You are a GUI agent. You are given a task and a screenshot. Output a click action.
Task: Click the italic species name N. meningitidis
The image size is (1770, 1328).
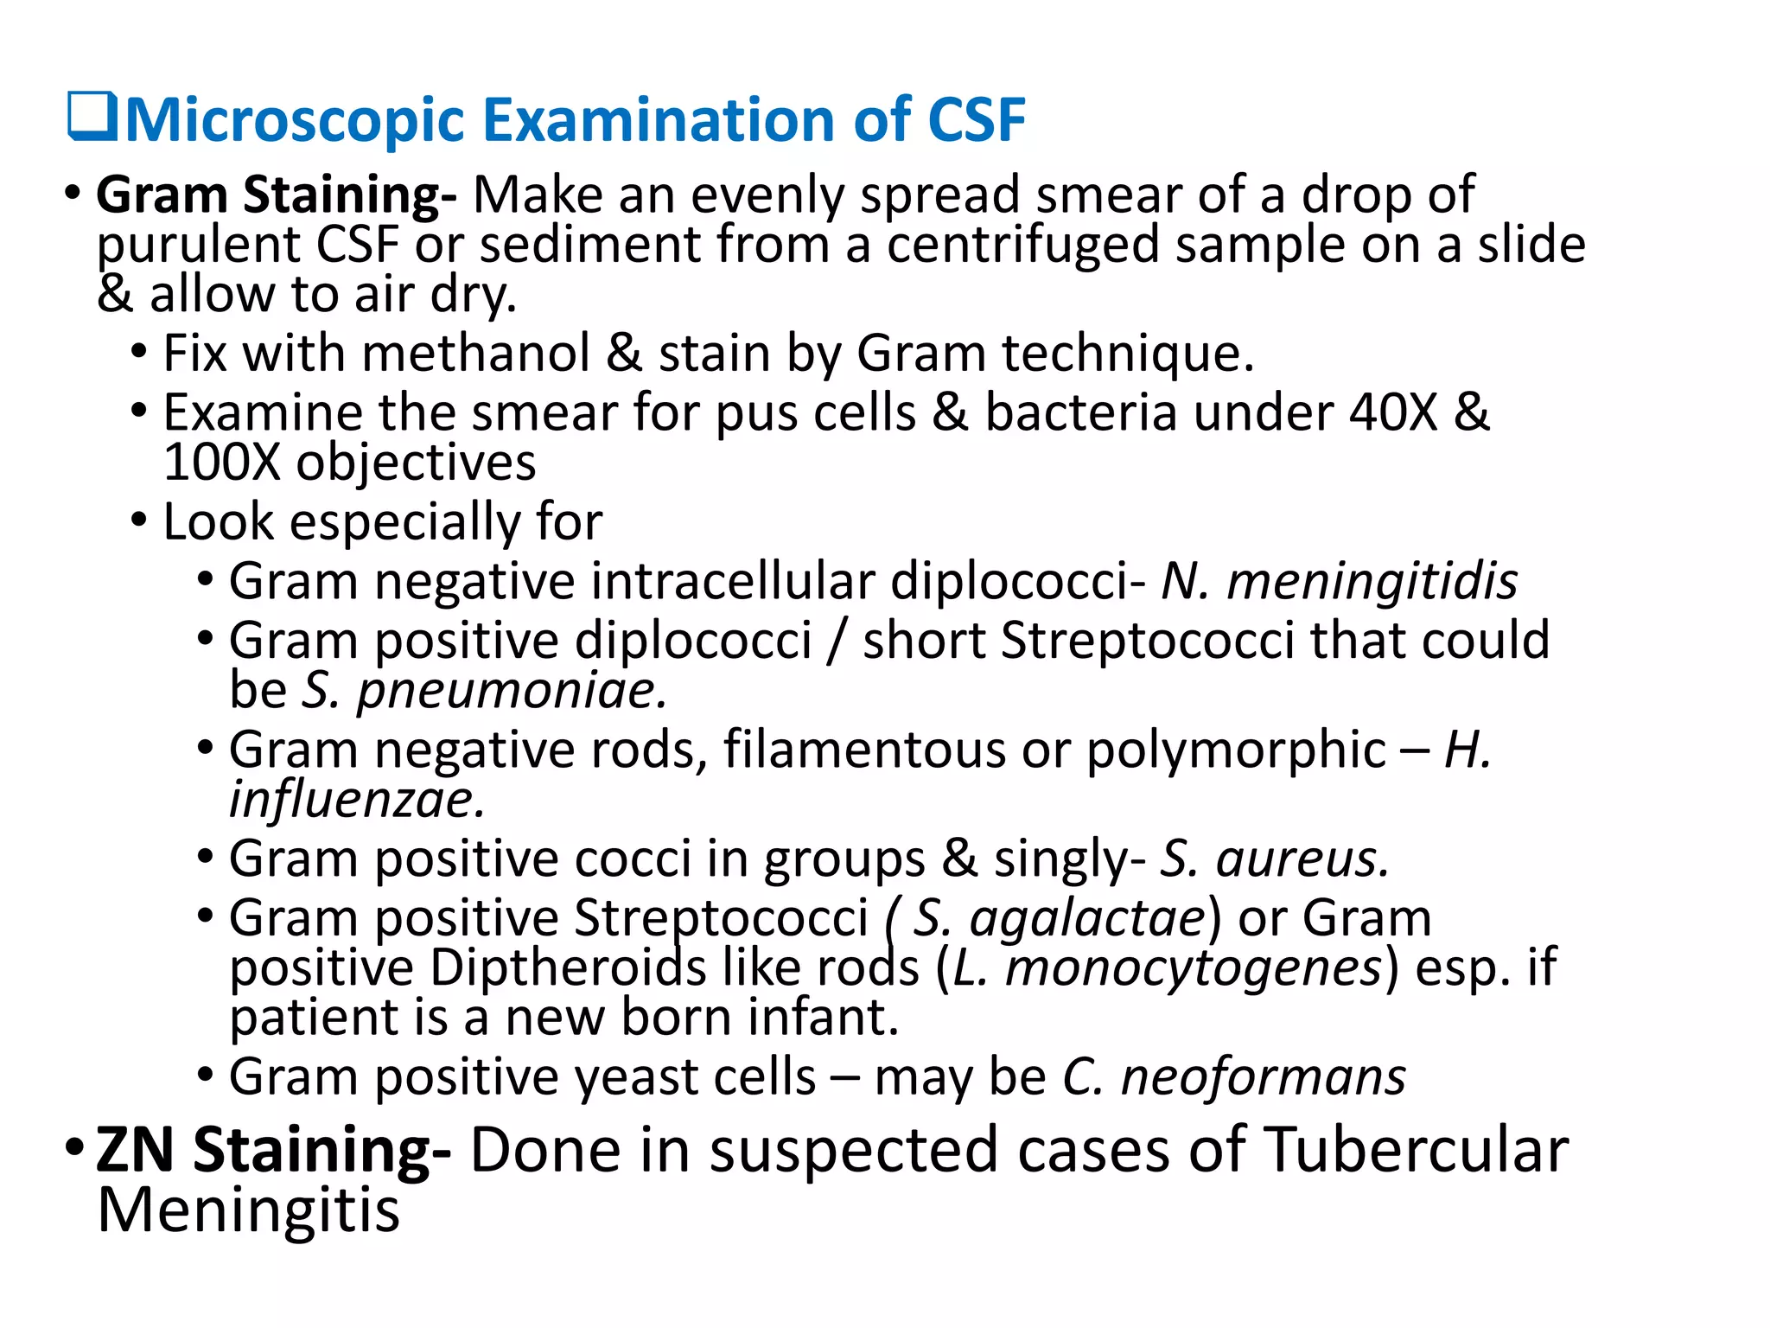pyautogui.click(x=1339, y=581)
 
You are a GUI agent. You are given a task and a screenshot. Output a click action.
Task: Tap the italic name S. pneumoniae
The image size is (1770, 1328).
pyautogui.click(x=484, y=691)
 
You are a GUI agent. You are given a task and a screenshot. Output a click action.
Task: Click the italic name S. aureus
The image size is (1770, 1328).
pyautogui.click(x=1273, y=859)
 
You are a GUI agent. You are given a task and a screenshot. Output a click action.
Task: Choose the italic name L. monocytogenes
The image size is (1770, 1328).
pyautogui.click(x=1168, y=967)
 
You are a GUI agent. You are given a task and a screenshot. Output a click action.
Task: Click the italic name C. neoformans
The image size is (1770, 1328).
pyautogui.click(x=1233, y=1077)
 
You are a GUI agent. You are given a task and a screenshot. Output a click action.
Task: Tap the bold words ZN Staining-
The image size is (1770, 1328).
pyautogui.click(x=273, y=1152)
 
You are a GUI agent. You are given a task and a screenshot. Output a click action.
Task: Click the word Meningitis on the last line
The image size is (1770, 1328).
pyautogui.click(x=249, y=1210)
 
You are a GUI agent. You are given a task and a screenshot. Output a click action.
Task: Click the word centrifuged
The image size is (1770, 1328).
pyautogui.click(x=1022, y=245)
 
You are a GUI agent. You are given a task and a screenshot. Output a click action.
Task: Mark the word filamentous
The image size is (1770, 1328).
pyautogui.click(x=864, y=750)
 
